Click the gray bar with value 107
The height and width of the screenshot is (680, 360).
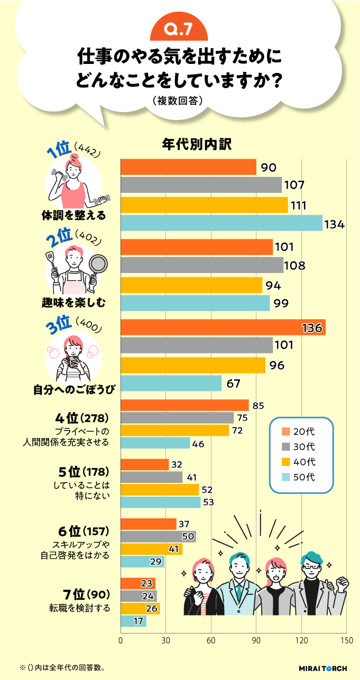point(201,185)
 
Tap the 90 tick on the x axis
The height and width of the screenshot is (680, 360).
point(256,640)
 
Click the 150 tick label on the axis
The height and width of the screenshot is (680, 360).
point(346,640)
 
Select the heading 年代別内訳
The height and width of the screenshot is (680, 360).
point(197,144)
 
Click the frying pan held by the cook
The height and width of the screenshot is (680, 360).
point(98,263)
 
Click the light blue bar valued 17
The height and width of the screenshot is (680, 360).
point(133,621)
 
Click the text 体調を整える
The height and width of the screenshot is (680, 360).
point(73,216)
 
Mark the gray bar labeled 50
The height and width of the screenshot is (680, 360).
point(158,537)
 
